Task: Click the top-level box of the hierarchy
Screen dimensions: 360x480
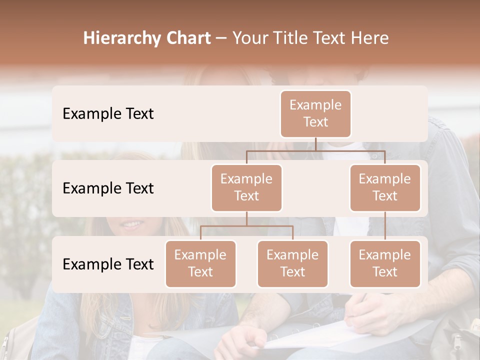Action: (315, 114)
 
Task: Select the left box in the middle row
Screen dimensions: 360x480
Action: (246, 188)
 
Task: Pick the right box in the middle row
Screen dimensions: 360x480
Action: (385, 188)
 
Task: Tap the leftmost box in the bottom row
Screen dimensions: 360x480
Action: (200, 264)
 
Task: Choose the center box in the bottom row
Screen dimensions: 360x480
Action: (292, 264)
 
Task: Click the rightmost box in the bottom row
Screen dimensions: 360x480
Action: (385, 264)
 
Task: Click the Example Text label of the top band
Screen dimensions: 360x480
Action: (108, 114)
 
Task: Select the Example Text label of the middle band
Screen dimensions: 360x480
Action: (108, 188)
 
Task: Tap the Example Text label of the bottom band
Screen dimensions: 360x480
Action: (108, 264)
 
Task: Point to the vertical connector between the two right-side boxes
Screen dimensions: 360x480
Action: (385, 226)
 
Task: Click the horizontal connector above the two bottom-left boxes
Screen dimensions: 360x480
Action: (246, 226)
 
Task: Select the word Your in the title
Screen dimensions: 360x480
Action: (249, 38)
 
